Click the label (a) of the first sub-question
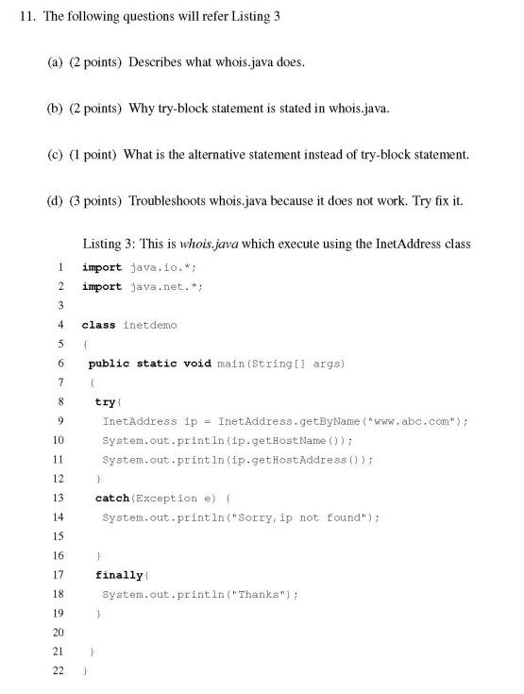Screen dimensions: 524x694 (55, 62)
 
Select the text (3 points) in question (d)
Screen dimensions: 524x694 (96, 201)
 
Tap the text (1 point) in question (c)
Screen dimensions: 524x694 (93, 155)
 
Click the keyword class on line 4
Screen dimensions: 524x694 (98, 325)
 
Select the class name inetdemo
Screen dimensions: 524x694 (150, 325)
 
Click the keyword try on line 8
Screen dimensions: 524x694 (105, 401)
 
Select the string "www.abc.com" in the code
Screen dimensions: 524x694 (416, 420)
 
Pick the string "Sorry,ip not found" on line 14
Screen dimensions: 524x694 (311, 516)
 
